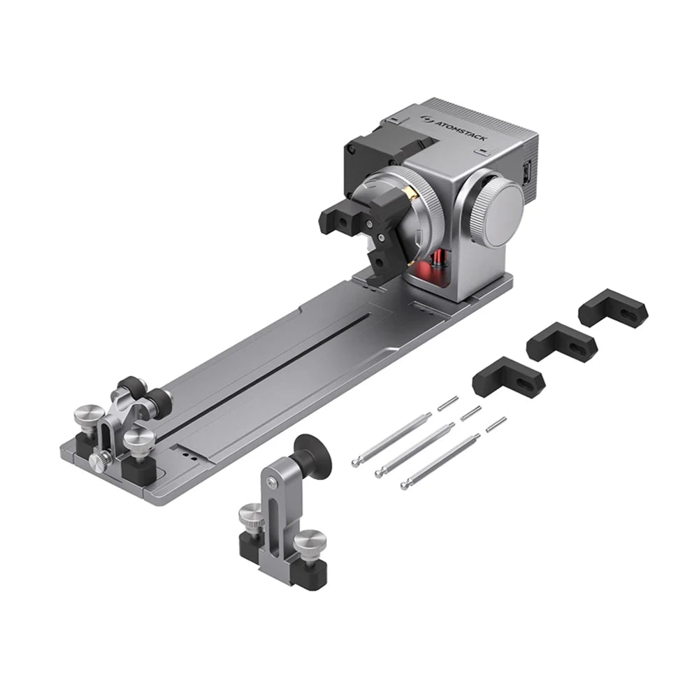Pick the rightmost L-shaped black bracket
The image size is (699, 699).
[614, 308]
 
